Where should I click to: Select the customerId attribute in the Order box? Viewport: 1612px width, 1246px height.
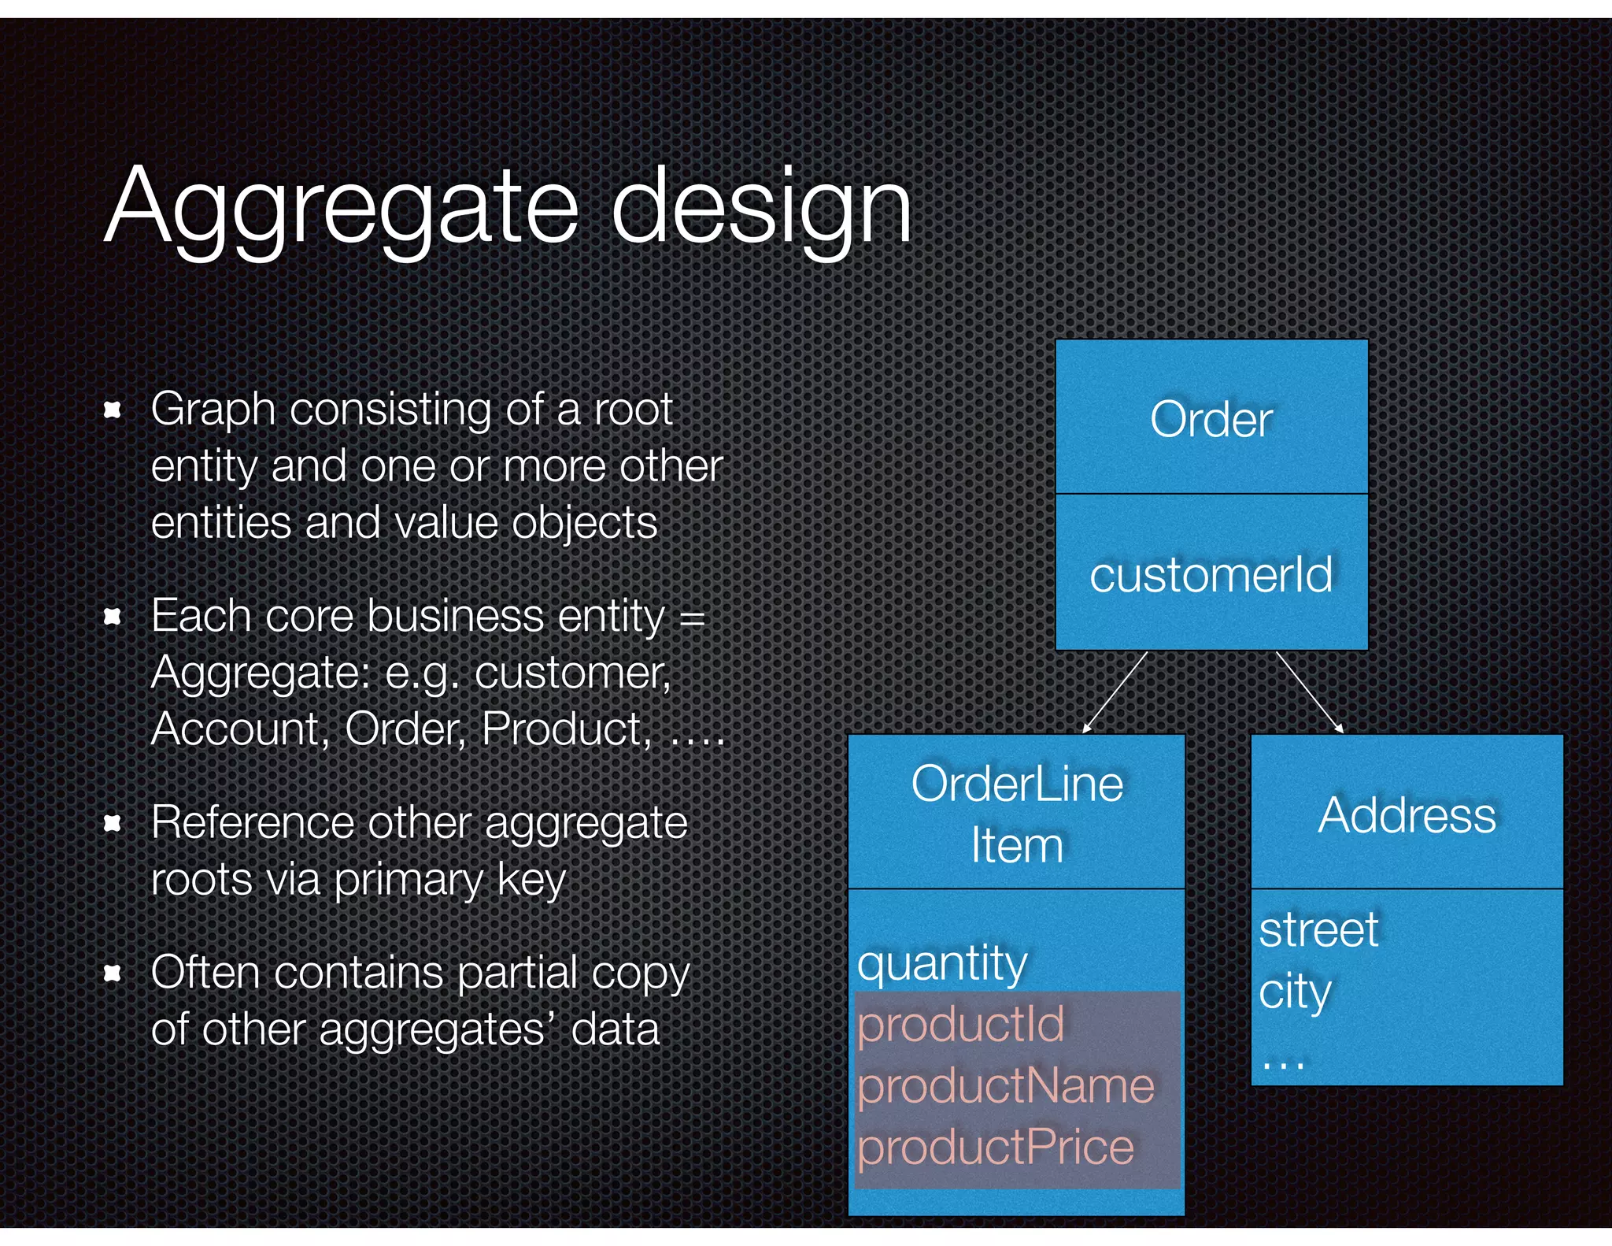pos(1211,574)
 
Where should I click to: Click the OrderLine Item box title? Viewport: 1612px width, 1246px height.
pos(1016,814)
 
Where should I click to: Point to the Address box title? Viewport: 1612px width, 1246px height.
pos(1407,814)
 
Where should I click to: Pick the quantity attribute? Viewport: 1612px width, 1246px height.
pos(942,962)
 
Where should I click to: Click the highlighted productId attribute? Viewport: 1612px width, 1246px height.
pos(960,1024)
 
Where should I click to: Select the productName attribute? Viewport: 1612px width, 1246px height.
pos(1005,1085)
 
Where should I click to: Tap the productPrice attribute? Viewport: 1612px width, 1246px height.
pos(995,1147)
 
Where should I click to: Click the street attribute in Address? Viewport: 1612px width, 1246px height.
pos(1318,929)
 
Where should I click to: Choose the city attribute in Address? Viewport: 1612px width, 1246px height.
pos(1295,991)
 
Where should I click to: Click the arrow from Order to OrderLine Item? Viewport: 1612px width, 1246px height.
pos(1115,692)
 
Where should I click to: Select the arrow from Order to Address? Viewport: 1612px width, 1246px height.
pos(1309,692)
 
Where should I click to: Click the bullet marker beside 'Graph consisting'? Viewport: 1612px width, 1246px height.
pos(113,410)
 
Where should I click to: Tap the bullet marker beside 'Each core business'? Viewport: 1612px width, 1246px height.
pos(113,616)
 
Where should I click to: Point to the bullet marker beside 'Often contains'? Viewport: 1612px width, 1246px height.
pos(113,973)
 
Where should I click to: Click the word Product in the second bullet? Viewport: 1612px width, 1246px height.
pos(565,729)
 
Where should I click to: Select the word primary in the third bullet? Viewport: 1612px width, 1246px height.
pos(408,880)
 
